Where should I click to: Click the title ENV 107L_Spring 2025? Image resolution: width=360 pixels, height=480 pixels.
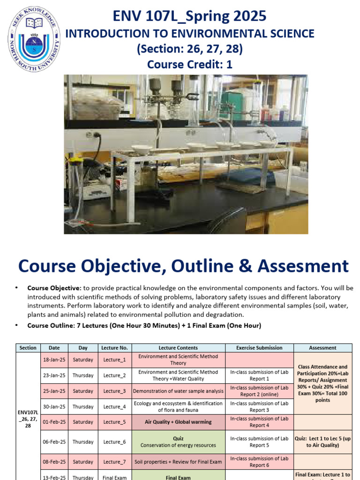189,16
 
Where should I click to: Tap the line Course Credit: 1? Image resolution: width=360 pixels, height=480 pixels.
189,64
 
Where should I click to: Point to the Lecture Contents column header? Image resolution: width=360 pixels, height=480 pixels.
178,348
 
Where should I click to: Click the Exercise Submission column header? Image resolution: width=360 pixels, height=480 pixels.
259,348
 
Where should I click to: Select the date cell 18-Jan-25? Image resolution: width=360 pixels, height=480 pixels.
54,360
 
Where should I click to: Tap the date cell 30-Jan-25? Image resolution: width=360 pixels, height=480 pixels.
54,406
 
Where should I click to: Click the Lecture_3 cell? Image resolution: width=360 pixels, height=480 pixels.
114,391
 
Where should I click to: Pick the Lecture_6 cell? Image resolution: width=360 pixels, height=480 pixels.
114,442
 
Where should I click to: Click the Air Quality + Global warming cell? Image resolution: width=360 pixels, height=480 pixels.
178,422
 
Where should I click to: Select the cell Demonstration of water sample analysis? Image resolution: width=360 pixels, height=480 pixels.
178,391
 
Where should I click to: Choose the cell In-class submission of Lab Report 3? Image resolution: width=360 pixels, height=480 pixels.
259,406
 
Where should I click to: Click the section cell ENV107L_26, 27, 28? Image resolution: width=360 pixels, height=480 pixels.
28,418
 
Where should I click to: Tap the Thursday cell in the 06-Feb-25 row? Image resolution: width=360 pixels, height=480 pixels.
83,442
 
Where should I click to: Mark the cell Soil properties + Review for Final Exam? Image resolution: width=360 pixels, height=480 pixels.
178,462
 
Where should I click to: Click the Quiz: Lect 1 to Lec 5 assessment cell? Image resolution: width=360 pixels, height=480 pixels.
322,442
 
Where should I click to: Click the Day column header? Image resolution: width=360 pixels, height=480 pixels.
83,348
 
